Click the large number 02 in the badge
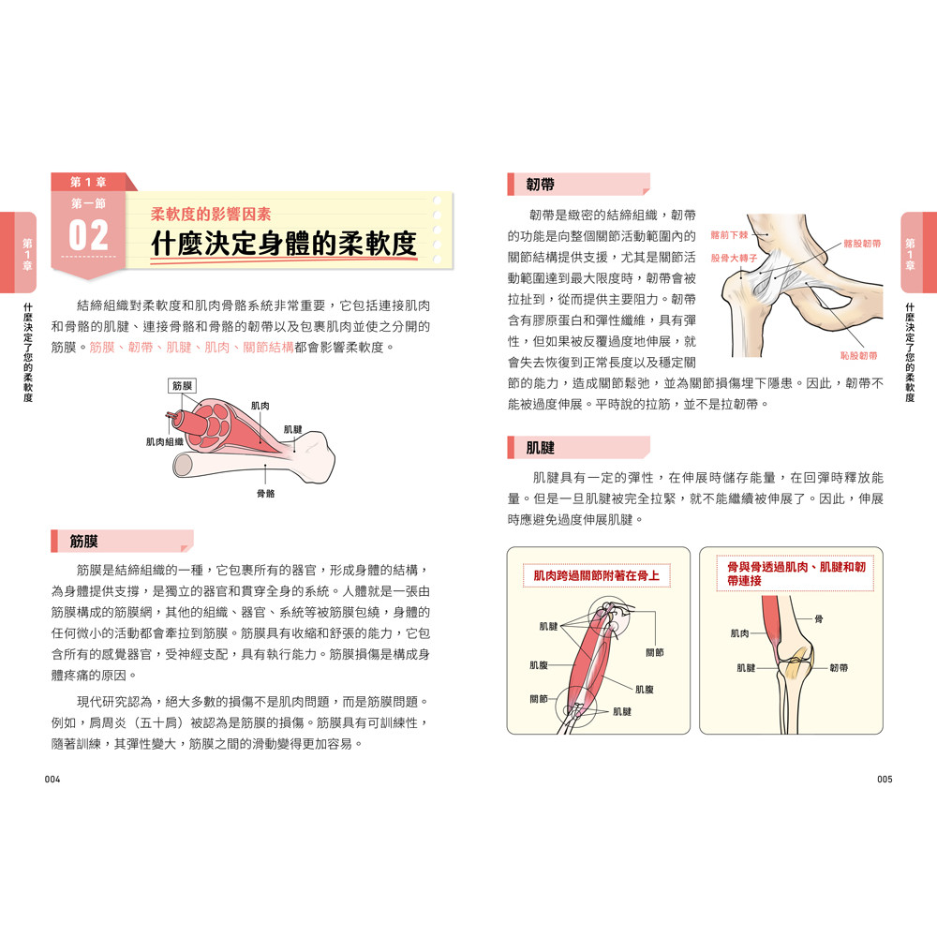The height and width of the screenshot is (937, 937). [88, 235]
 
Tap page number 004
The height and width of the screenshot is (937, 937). [52, 780]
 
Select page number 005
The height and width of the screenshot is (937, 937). [885, 780]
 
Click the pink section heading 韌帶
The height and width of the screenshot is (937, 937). [541, 185]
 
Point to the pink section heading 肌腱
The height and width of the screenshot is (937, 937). [541, 448]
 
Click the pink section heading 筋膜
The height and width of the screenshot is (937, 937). [83, 542]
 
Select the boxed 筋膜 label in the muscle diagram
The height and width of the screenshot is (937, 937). [183, 386]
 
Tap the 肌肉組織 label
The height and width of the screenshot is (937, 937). [164, 441]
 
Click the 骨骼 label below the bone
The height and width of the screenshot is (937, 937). [266, 494]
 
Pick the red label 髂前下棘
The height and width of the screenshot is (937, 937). [729, 235]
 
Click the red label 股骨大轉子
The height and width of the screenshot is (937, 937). [734, 259]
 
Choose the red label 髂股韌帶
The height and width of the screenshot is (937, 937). [862, 244]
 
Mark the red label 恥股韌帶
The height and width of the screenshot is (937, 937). [858, 355]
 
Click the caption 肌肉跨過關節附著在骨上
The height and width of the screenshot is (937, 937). [596, 575]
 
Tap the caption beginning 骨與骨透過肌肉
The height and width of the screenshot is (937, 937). [796, 573]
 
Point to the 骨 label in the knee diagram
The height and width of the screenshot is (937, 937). [819, 619]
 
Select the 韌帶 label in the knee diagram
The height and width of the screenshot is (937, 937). [839, 667]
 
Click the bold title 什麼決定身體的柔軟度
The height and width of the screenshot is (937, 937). [284, 244]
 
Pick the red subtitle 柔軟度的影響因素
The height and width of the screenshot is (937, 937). [211, 214]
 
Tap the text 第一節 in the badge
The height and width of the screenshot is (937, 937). [88, 203]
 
